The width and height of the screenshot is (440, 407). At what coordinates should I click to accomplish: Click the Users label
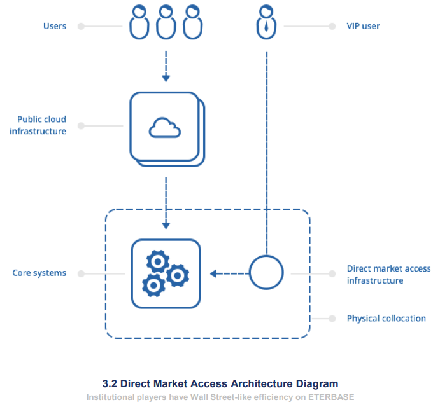click(x=55, y=26)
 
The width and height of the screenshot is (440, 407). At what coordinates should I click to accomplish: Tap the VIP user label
click(x=363, y=26)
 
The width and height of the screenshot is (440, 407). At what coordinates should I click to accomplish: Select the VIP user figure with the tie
click(x=266, y=20)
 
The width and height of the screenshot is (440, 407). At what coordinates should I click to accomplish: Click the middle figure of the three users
click(x=166, y=22)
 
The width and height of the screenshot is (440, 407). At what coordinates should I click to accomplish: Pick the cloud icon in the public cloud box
click(x=165, y=128)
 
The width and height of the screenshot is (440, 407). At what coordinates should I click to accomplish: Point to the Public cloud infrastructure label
click(x=41, y=125)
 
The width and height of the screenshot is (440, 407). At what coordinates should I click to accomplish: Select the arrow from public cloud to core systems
click(x=166, y=203)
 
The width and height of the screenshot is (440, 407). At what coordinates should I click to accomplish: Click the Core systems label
click(x=39, y=273)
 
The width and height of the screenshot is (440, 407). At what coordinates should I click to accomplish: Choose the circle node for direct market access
click(x=266, y=273)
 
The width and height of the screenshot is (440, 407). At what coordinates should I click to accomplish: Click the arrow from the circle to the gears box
click(x=229, y=273)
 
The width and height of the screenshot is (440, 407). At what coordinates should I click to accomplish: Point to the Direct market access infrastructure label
click(x=388, y=275)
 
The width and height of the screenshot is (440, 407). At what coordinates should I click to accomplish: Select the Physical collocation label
click(x=386, y=318)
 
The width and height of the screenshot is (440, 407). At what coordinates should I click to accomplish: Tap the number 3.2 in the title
click(x=110, y=383)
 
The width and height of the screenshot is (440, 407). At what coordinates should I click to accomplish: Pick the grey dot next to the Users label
click(x=81, y=27)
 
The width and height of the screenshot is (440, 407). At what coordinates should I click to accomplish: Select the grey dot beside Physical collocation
click(x=332, y=318)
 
